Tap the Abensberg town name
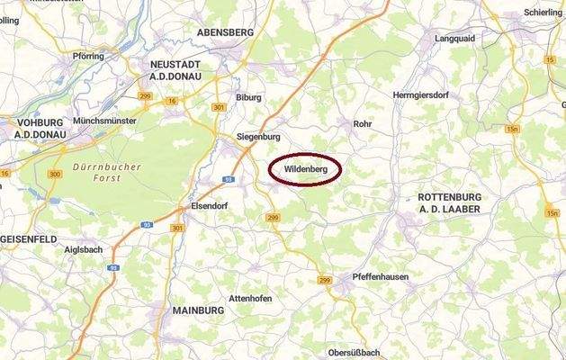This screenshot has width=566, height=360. (224, 31)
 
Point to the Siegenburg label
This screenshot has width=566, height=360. (257, 137)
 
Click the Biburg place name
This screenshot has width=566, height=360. (247, 97)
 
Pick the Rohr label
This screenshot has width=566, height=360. (363, 124)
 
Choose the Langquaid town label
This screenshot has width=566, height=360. (455, 39)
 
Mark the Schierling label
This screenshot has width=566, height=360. (542, 13)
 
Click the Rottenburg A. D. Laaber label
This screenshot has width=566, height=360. (450, 202)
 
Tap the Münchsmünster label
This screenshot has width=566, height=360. (104, 120)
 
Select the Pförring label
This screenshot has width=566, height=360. (88, 56)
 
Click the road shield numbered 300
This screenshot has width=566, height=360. (55, 174)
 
